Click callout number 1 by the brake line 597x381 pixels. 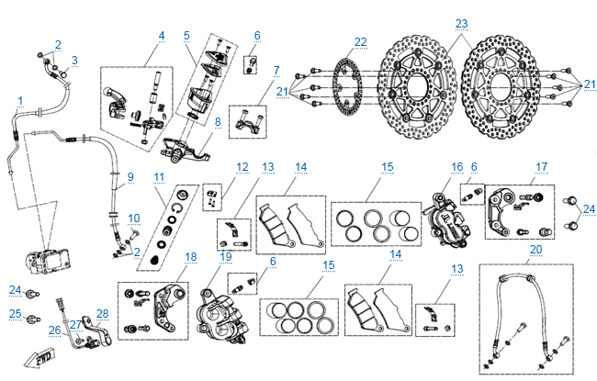(x=19, y=99)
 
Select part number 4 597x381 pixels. (x=161, y=37)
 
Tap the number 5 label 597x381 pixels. (x=186, y=37)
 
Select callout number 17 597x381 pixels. (x=542, y=166)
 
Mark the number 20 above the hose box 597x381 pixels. (x=535, y=249)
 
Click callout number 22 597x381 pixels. (x=360, y=41)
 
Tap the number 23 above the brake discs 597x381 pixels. (x=461, y=23)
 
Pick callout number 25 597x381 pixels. (x=16, y=315)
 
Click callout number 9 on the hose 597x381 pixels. (x=130, y=177)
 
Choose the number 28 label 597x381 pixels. (x=102, y=314)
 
